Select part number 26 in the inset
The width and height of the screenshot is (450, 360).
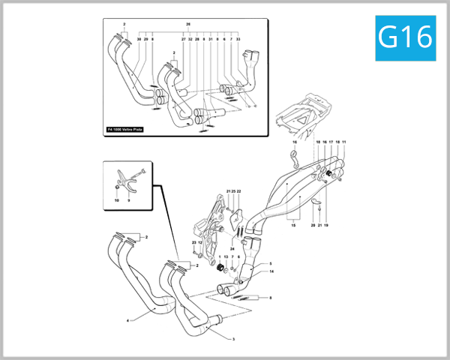click(188, 24)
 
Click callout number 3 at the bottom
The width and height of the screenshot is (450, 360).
click(233, 340)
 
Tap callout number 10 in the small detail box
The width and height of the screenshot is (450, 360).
click(117, 201)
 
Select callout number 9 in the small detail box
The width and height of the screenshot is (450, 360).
click(128, 201)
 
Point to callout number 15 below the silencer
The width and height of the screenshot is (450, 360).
click(293, 225)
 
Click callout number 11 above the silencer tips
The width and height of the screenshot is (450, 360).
click(344, 142)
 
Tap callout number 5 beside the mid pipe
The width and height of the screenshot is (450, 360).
click(271, 263)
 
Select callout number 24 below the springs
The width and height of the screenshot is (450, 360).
click(232, 248)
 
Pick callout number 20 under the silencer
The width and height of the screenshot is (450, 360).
click(312, 225)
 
